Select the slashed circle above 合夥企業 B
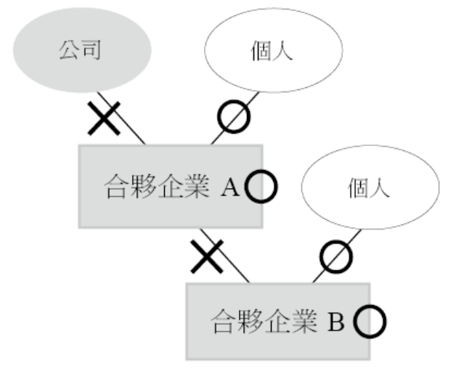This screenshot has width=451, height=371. pos(336,255)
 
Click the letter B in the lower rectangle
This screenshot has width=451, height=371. pos(338,320)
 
